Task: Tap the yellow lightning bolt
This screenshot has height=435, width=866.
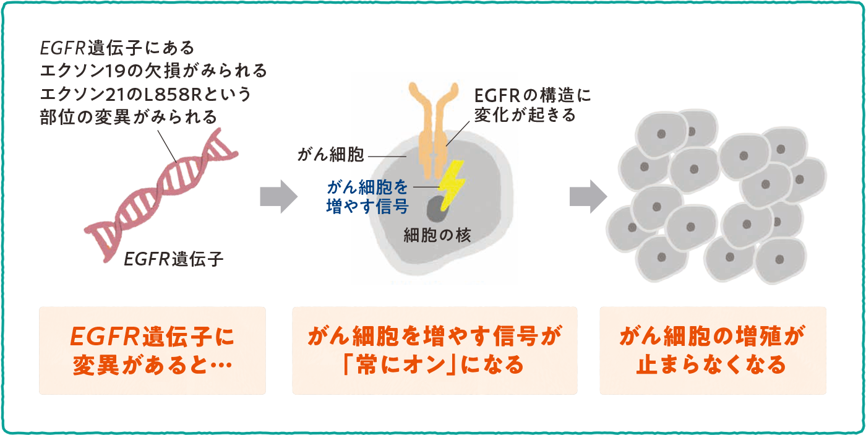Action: click(450, 179)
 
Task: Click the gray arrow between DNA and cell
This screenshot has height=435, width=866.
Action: click(278, 197)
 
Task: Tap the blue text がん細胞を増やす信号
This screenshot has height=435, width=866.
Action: click(367, 197)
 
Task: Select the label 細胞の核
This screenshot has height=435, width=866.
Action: click(437, 235)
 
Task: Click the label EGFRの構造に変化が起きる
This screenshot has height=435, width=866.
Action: click(533, 105)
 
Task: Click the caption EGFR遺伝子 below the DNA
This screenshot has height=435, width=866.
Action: click(174, 259)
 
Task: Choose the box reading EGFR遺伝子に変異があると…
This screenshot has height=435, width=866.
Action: click(152, 350)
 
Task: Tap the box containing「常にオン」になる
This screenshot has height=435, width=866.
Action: click(434, 350)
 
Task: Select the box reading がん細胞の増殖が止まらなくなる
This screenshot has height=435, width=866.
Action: click(712, 350)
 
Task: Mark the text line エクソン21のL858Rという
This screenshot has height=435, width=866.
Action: click(146, 94)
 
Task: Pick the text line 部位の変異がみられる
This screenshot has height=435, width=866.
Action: click(129, 116)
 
